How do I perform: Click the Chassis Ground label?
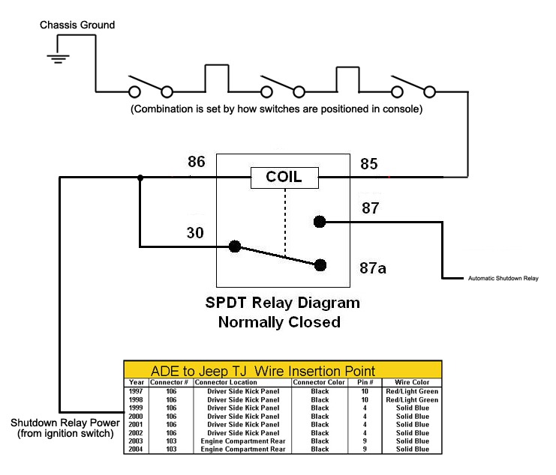pyautogui.click(x=77, y=25)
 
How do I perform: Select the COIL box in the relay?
pyautogui.click(x=284, y=178)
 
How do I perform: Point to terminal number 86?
pyautogui.click(x=196, y=161)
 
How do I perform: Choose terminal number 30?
pyautogui.click(x=196, y=234)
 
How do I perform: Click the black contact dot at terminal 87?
pyautogui.click(x=320, y=221)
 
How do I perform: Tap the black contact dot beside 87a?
pyautogui.click(x=320, y=264)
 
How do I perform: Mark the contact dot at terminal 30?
pyautogui.click(x=235, y=245)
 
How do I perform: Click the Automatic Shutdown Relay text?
pyautogui.click(x=503, y=279)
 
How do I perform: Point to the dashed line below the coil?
pyautogui.click(x=284, y=222)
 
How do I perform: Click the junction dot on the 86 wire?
pyautogui.click(x=140, y=178)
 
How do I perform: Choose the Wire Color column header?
pyautogui.click(x=411, y=382)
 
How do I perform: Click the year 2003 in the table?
pyautogui.click(x=136, y=441)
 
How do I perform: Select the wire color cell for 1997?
pyautogui.click(x=411, y=391)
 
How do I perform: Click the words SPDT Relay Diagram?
pyautogui.click(x=282, y=304)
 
